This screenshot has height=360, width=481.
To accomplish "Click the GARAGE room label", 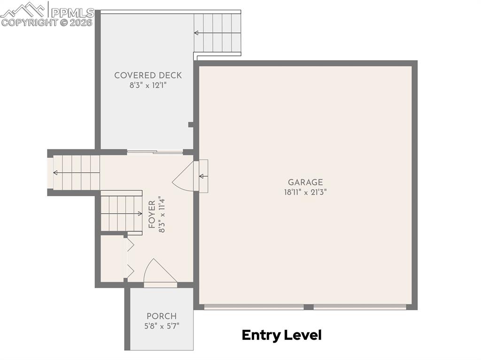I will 305,182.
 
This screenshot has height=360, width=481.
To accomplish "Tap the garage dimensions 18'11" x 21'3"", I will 305,192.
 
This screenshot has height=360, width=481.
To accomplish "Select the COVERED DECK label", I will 148,75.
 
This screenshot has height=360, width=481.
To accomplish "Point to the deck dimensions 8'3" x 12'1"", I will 148,85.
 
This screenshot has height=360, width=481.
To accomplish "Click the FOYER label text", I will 152,214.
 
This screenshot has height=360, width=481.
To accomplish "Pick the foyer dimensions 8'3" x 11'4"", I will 162,214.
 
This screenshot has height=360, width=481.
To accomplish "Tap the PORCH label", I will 162,316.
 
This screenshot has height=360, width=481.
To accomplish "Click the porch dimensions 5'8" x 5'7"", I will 162,325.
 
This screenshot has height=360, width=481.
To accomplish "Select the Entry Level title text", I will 281,335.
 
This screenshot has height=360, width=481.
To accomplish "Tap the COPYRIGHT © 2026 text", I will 47,22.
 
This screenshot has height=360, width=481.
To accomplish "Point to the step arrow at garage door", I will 203,176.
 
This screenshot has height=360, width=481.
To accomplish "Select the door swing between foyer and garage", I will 183,176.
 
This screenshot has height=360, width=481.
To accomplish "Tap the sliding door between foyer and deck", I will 155,152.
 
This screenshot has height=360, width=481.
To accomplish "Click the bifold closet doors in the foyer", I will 129,258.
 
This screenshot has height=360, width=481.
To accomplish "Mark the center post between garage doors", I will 308,307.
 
